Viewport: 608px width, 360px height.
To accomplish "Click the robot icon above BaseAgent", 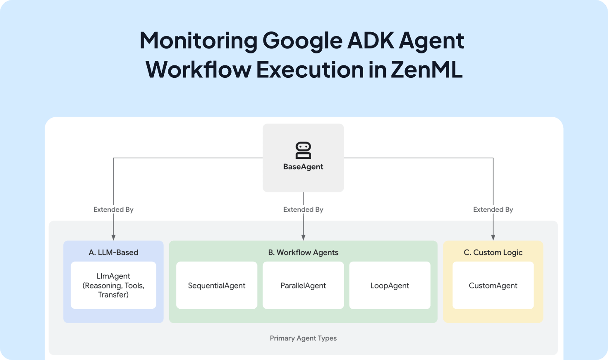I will (303, 151).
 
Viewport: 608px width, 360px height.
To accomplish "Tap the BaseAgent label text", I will (303, 167).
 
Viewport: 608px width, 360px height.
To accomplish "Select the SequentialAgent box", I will (217, 286).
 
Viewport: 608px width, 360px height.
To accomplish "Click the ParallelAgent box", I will (303, 286).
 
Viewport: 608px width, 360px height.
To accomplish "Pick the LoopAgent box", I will (390, 286).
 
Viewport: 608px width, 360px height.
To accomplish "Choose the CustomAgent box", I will (493, 286).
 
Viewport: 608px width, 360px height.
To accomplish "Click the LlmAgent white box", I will (113, 285).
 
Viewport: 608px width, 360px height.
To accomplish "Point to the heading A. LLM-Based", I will (113, 252).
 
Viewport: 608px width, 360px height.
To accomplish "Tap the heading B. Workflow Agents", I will (303, 252).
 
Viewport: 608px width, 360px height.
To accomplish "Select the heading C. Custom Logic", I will (493, 252).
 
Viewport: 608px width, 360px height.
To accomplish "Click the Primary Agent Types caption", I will (303, 338).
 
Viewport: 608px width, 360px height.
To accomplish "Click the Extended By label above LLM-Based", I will (113, 209).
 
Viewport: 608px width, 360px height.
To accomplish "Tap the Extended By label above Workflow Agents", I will (303, 209).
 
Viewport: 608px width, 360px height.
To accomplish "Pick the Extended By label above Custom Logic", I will (493, 209).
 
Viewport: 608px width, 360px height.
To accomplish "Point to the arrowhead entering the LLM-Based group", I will (113, 238).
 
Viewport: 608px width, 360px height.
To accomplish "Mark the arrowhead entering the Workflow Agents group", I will (303, 238).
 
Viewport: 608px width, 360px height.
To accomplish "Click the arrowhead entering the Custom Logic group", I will (493, 238).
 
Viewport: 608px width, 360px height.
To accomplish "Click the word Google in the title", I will (302, 41).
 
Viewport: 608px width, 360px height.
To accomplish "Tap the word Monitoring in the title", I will (199, 41).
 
